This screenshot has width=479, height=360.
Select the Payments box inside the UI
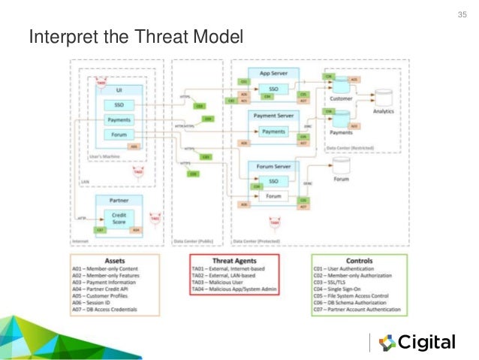[119, 120]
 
